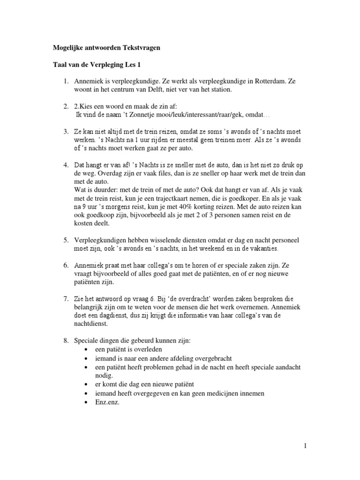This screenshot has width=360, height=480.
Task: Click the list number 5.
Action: click(67, 240)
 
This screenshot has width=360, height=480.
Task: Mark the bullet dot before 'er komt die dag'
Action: click(86, 384)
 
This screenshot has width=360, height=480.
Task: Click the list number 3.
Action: click(67, 132)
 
